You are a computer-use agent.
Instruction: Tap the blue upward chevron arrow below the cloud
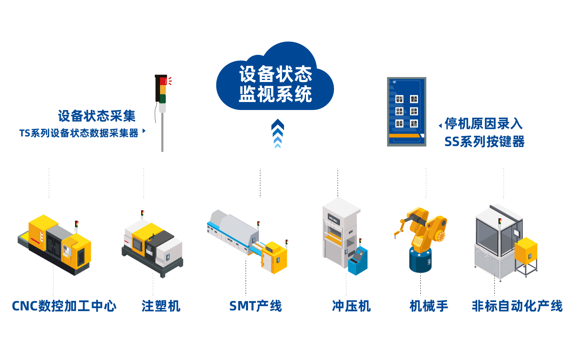[x=277, y=133]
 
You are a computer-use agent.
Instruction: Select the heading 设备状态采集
[x=97, y=116]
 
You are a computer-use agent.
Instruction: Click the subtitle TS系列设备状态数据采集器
[x=79, y=133]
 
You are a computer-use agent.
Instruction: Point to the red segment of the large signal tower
[x=162, y=81]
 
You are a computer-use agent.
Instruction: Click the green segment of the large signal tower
[x=162, y=98]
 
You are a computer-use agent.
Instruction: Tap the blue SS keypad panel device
[x=406, y=112]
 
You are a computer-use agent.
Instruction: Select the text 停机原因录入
[x=484, y=124]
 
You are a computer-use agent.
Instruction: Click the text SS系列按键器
[x=484, y=142]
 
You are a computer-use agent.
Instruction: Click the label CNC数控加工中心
[x=64, y=306]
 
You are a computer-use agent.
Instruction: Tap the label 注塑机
[x=161, y=306]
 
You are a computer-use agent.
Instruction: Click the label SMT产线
[x=255, y=306]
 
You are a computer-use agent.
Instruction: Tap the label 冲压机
[x=351, y=306]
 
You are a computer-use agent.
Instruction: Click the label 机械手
[x=429, y=306]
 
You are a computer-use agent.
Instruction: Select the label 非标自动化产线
[x=517, y=306]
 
